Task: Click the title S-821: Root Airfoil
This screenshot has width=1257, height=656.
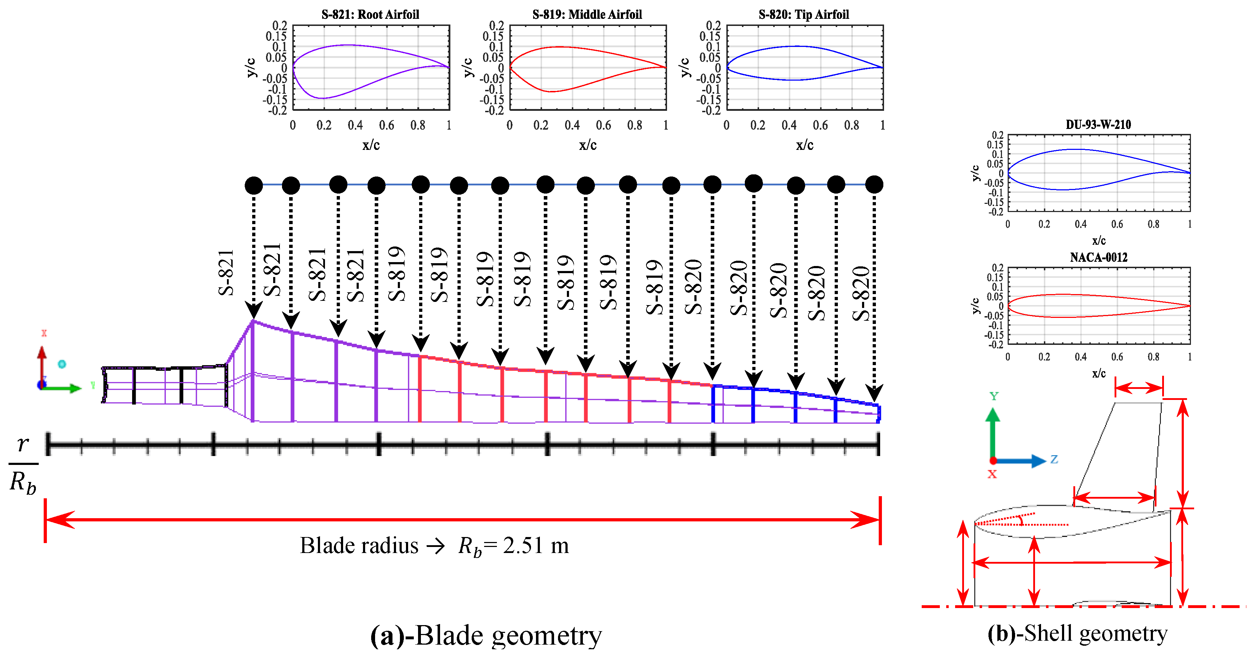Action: coord(370,14)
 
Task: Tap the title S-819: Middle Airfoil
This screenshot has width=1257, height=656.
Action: coord(587,14)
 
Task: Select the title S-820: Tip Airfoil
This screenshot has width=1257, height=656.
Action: coord(804,14)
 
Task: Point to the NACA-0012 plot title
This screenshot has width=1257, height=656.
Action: coord(1099,257)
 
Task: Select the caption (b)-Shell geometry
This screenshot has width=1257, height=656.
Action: coord(1077,633)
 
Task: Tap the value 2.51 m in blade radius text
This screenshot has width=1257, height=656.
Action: coord(536,545)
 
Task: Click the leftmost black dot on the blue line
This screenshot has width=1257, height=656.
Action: coord(254,185)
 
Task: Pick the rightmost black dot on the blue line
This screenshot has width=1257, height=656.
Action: coord(874,184)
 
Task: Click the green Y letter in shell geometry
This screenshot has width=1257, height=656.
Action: coord(994,396)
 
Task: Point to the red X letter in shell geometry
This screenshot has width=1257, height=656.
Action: coord(992,474)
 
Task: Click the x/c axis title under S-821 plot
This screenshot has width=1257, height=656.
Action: coord(371,145)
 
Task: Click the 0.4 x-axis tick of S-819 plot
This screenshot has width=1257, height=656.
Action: coord(572,125)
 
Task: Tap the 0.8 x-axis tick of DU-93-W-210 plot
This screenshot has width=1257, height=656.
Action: coord(1154,224)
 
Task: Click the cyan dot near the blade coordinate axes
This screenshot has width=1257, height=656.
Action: coord(62,364)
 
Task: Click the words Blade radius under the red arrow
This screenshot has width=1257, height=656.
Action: coord(359,545)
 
